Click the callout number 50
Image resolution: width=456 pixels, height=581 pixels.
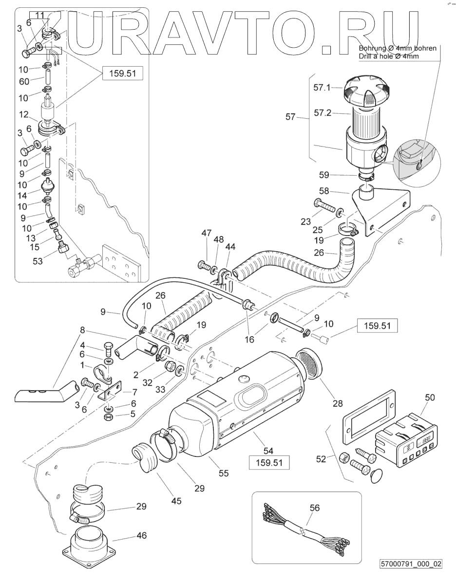point(430,397)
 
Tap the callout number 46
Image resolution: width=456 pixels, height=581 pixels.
point(141,535)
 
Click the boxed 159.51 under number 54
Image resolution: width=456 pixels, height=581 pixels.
point(268,463)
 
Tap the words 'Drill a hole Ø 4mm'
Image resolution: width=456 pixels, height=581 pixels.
point(388,56)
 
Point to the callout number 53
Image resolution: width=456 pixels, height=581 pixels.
point(37,261)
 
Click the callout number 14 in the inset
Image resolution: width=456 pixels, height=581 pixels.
point(22,196)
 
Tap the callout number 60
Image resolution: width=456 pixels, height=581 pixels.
point(24,81)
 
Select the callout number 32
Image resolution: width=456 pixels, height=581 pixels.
point(147,383)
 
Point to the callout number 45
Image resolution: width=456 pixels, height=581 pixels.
point(176,501)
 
